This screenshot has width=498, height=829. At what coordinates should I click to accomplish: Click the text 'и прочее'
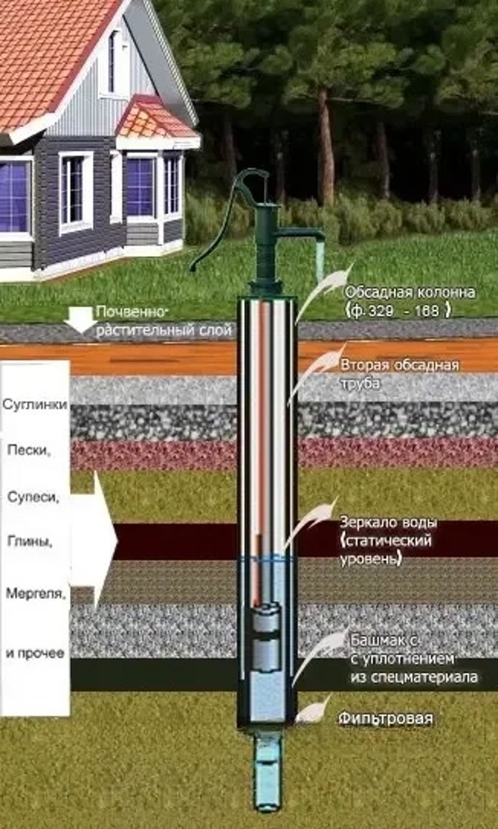pyautogui.click(x=35, y=653)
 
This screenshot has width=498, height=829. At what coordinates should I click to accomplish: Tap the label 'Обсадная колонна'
pyautogui.click(x=410, y=293)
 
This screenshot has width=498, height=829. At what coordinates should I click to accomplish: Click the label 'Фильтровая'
pyautogui.click(x=386, y=718)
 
